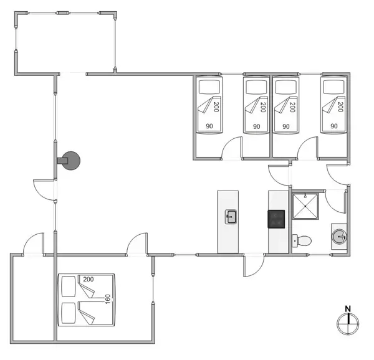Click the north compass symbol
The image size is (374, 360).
tap(348, 323)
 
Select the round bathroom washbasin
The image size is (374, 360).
tap(338, 236)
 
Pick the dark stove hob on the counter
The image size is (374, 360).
tap(276, 219)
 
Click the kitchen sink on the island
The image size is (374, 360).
tap(231, 217)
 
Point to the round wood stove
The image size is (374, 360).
tap(72, 161)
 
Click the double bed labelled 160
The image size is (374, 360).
tap(87, 300)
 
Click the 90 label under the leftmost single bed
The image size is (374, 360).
tap(209, 126)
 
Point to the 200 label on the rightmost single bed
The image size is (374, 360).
tap(340, 106)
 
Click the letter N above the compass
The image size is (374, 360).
tap(348, 308)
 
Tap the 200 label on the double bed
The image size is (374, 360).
tap(88, 279)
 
